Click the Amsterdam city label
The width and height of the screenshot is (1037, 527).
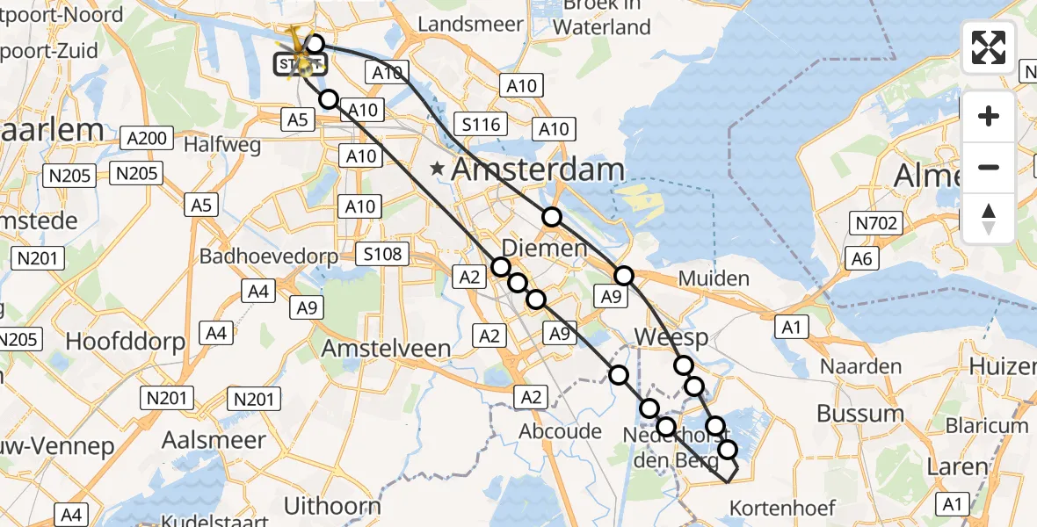pos(538,170)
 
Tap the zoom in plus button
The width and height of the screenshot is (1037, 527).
pos(989,117)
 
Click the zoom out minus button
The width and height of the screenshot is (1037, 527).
pos(989,167)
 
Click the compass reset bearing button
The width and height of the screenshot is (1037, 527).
pos(989,219)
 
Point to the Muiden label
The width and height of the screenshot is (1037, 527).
pos(714,279)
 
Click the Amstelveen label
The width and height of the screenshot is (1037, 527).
pos(386,348)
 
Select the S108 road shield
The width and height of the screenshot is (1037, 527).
pos(383,255)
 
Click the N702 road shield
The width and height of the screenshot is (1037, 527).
pos(877,223)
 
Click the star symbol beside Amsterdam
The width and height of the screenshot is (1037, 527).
pos(437,167)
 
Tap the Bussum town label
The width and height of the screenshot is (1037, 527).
pos(859,413)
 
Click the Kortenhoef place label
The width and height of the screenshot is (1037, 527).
pos(782,507)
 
